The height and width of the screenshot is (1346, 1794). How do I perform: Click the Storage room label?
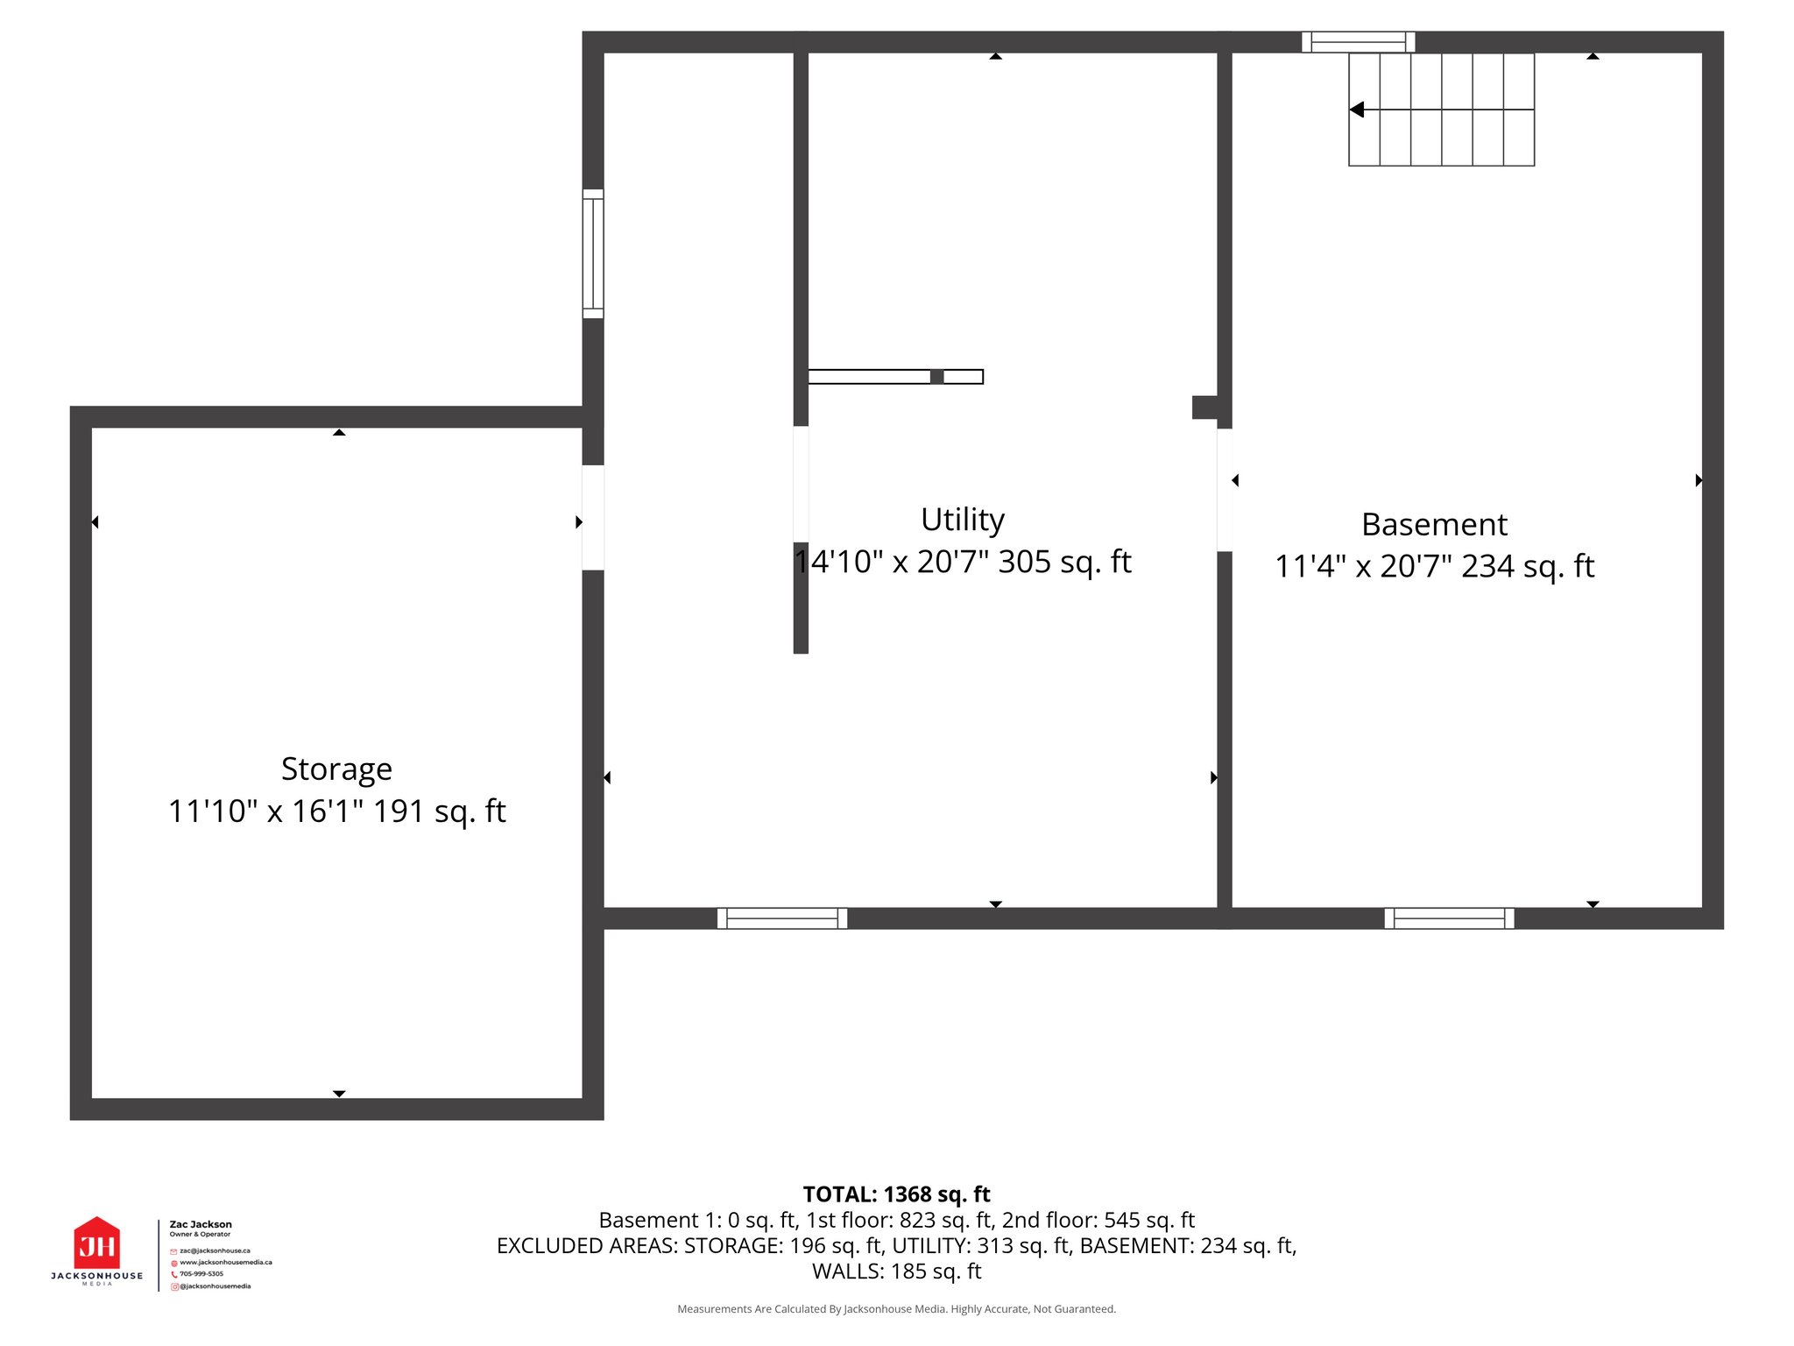[336, 769]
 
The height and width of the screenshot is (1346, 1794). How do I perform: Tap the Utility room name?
[962, 520]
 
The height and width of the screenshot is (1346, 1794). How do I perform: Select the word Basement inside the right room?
[1434, 524]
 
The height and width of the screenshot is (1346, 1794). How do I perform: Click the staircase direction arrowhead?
[1357, 110]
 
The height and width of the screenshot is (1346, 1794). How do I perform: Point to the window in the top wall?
[1358, 42]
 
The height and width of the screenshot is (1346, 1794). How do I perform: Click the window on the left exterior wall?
[593, 253]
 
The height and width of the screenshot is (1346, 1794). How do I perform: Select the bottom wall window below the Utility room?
[782, 918]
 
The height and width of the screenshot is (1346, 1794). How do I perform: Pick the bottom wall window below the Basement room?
[1449, 918]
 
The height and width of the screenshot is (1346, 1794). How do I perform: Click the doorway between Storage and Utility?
[593, 517]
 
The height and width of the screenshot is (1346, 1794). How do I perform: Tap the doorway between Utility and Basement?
[1225, 489]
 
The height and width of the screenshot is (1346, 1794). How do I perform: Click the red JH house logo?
[96, 1243]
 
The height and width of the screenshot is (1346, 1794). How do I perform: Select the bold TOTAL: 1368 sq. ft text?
[896, 1194]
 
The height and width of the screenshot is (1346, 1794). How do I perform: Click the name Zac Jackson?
[201, 1224]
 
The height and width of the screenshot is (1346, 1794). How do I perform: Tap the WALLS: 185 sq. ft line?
[896, 1272]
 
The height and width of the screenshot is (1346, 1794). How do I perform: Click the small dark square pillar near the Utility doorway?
[1204, 407]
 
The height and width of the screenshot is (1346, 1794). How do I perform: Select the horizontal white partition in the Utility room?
[894, 377]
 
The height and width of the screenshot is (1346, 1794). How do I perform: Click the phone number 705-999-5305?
[201, 1274]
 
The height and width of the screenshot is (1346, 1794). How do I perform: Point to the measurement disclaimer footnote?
[896, 1309]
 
